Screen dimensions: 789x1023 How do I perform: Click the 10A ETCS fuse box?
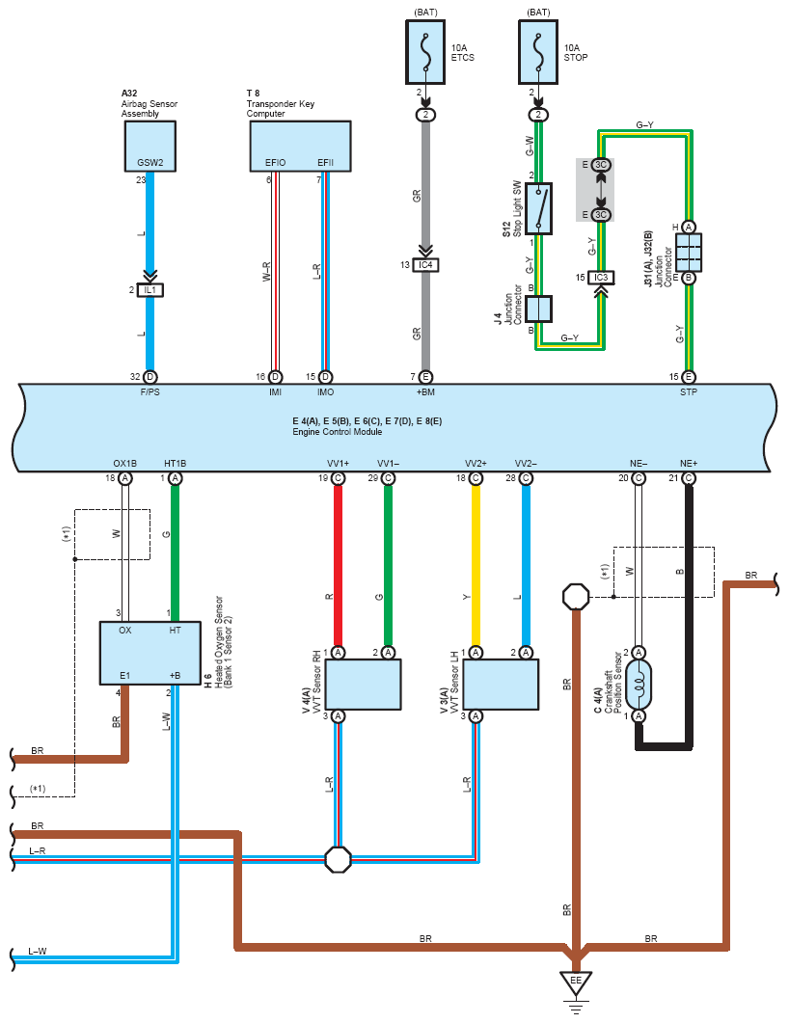point(425,52)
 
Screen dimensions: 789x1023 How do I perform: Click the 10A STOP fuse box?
point(538,52)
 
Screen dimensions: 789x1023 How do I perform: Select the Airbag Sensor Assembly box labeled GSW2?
point(150,147)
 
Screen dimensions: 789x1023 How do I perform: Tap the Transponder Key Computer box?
point(300,147)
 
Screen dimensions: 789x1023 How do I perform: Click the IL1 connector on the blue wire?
point(150,289)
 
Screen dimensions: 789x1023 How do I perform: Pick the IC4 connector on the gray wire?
point(425,265)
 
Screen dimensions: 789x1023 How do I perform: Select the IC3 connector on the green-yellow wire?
point(601,278)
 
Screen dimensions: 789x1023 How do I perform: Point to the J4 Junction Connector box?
point(538,310)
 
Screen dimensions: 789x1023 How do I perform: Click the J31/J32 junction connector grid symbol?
point(689,253)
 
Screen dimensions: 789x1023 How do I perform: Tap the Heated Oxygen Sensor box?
point(150,653)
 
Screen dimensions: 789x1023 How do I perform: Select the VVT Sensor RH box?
point(363,685)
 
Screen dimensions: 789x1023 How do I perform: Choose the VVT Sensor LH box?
point(501,685)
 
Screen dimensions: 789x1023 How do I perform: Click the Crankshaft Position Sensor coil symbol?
point(639,685)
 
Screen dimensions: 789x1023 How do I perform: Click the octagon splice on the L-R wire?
point(338,859)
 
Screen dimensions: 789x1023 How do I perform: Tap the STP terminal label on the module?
point(689,392)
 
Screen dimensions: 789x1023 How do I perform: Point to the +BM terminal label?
point(425,392)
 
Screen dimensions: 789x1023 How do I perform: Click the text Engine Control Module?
point(338,432)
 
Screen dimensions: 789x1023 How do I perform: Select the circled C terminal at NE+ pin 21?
point(689,478)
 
